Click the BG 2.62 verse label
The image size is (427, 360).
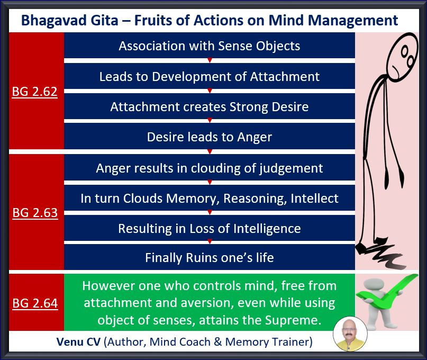pyautogui.click(x=34, y=92)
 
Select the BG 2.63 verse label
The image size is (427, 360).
pyautogui.click(x=35, y=213)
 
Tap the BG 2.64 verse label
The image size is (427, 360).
pyautogui.click(x=35, y=303)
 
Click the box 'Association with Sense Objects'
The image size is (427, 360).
pyautogui.click(x=210, y=45)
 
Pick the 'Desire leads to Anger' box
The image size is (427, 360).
pyautogui.click(x=210, y=136)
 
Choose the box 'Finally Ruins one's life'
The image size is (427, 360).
pyautogui.click(x=210, y=257)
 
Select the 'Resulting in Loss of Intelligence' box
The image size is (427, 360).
pyautogui.click(x=210, y=228)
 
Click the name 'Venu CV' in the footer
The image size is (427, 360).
pyautogui.click(x=78, y=342)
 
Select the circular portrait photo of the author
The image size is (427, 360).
pyautogui.click(x=350, y=334)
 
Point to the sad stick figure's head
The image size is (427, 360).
pyautogui.click(x=403, y=57)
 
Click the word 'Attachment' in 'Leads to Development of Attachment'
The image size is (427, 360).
pyautogui.click(x=285, y=77)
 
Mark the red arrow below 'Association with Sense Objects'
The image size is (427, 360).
pyautogui.click(x=210, y=60)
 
